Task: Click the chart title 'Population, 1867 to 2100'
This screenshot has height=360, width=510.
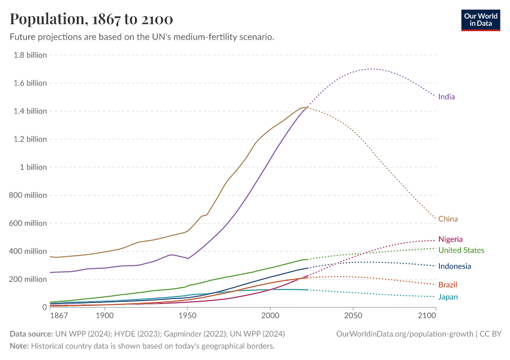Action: [92, 19]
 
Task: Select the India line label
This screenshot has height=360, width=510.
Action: [446, 97]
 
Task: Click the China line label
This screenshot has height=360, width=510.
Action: [448, 219]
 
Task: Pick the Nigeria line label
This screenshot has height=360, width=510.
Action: [450, 239]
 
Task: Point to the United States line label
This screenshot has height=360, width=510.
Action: [461, 250]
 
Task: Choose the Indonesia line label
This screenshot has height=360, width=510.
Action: [454, 266]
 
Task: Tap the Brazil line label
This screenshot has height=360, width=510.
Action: [448, 284]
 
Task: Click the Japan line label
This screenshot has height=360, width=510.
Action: [448, 297]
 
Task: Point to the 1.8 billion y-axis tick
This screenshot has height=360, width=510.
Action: [29, 55]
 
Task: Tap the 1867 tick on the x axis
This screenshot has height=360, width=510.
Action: [59, 316]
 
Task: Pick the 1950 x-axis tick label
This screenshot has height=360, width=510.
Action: [187, 316]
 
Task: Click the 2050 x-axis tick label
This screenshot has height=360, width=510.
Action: [353, 316]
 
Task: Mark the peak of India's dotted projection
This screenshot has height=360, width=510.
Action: [372, 68]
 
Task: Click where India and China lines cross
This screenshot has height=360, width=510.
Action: [307, 107]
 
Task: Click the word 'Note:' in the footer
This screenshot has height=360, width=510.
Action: [20, 346]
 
